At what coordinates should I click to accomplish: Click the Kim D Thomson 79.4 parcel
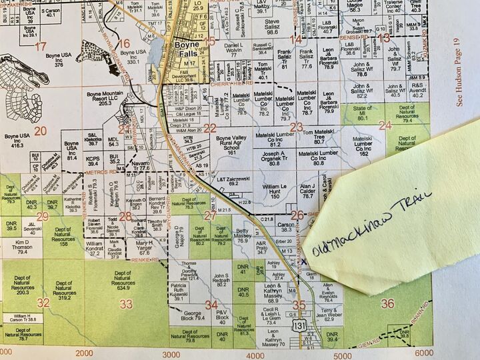(x=22, y=247)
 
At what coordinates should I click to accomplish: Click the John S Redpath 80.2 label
(x=222, y=280)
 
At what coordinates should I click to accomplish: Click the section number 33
(x=125, y=304)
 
